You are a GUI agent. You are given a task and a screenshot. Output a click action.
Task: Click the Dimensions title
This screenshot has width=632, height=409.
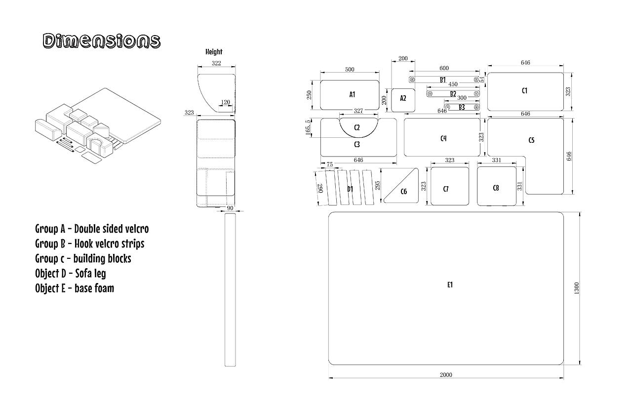[102, 41]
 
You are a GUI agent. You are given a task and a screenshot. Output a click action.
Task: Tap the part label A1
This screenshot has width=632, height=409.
[352, 94]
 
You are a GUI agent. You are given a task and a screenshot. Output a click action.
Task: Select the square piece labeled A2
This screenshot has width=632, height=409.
[403, 100]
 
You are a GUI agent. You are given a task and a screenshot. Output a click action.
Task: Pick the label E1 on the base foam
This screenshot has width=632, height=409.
[450, 285]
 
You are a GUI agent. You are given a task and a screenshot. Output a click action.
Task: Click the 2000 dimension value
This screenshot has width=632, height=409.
[446, 375]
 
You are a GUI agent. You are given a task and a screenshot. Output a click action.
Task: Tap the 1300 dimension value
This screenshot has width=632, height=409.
[576, 288]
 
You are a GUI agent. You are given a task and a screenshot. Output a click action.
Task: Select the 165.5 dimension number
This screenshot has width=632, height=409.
[308, 127]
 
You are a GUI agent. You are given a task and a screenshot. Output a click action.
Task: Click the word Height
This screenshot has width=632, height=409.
[214, 52]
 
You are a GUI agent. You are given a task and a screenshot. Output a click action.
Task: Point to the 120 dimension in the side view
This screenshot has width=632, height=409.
[226, 102]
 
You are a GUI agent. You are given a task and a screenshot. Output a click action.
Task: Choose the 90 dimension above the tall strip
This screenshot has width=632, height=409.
[230, 208]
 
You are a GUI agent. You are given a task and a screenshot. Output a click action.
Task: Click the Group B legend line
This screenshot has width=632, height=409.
[90, 244]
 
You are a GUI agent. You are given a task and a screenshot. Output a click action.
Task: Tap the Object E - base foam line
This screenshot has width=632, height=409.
[75, 288]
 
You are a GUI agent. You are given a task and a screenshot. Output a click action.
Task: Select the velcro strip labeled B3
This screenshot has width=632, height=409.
[462, 107]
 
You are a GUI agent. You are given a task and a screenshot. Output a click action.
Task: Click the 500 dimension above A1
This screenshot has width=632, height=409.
[350, 70]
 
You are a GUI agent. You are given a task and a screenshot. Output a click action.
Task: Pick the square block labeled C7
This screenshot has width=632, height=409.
[450, 186]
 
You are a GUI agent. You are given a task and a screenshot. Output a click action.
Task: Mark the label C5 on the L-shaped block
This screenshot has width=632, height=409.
[531, 140]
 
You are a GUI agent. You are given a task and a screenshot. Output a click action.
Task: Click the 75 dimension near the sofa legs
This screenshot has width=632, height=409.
[329, 164]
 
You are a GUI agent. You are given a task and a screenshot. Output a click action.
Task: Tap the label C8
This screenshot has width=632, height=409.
[496, 188]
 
